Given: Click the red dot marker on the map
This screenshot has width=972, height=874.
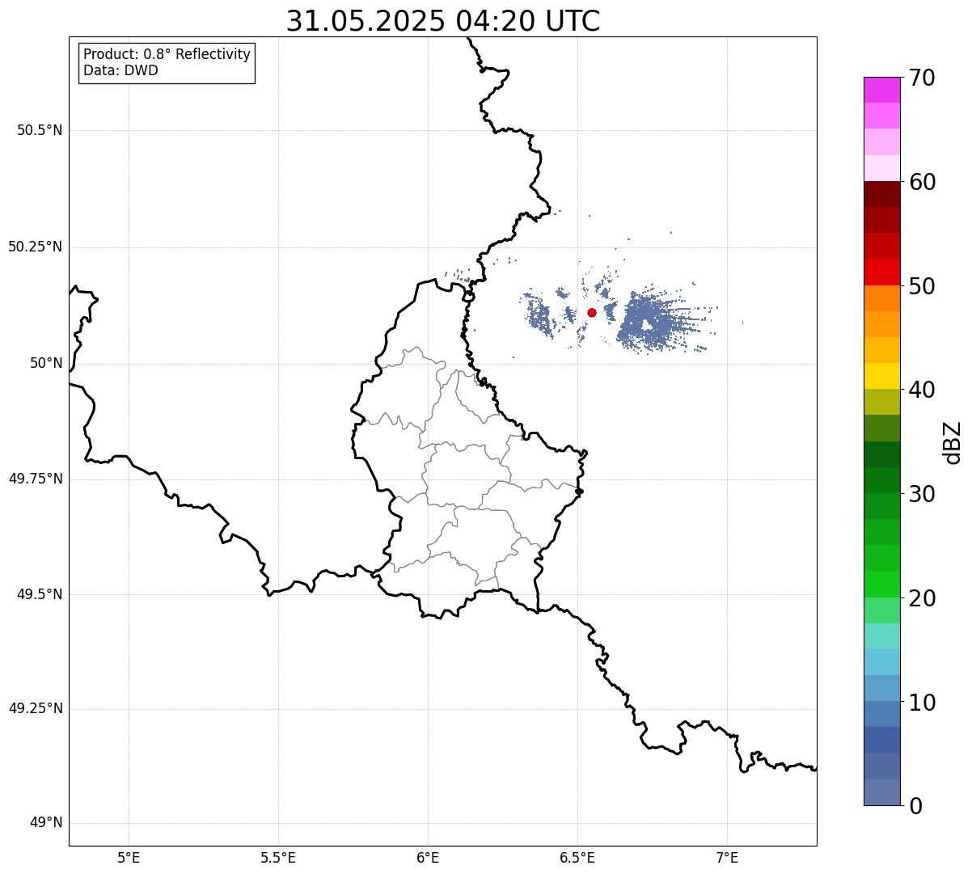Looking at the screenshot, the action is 592,312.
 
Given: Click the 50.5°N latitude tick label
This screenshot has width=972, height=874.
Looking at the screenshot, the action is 40,130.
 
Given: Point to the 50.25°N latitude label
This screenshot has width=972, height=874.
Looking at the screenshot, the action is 36,247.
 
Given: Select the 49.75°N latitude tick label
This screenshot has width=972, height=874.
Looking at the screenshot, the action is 36,479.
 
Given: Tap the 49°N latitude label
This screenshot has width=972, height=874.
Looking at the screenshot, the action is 46,822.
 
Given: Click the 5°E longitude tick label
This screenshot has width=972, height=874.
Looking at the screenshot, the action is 129,858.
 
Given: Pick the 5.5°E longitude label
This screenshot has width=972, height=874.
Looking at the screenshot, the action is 277,858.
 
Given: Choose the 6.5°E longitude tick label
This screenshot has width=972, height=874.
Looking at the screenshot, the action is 577,858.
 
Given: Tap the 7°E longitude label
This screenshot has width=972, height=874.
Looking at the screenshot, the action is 727,858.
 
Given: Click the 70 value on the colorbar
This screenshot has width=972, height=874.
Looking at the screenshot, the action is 922,78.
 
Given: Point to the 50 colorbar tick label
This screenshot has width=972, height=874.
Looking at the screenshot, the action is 922,286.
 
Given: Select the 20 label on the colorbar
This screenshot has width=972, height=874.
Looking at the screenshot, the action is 922,598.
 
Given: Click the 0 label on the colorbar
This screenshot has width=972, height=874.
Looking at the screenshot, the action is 915,806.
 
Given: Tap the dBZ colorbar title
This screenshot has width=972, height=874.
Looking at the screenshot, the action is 953,443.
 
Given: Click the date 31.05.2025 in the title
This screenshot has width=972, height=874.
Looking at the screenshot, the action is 366,21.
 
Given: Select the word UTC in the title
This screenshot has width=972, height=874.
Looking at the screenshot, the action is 573,21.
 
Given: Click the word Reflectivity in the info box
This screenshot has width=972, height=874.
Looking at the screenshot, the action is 213,54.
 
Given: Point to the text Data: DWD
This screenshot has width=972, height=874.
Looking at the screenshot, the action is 120,70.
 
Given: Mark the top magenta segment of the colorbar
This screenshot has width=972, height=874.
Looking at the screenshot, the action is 882,90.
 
